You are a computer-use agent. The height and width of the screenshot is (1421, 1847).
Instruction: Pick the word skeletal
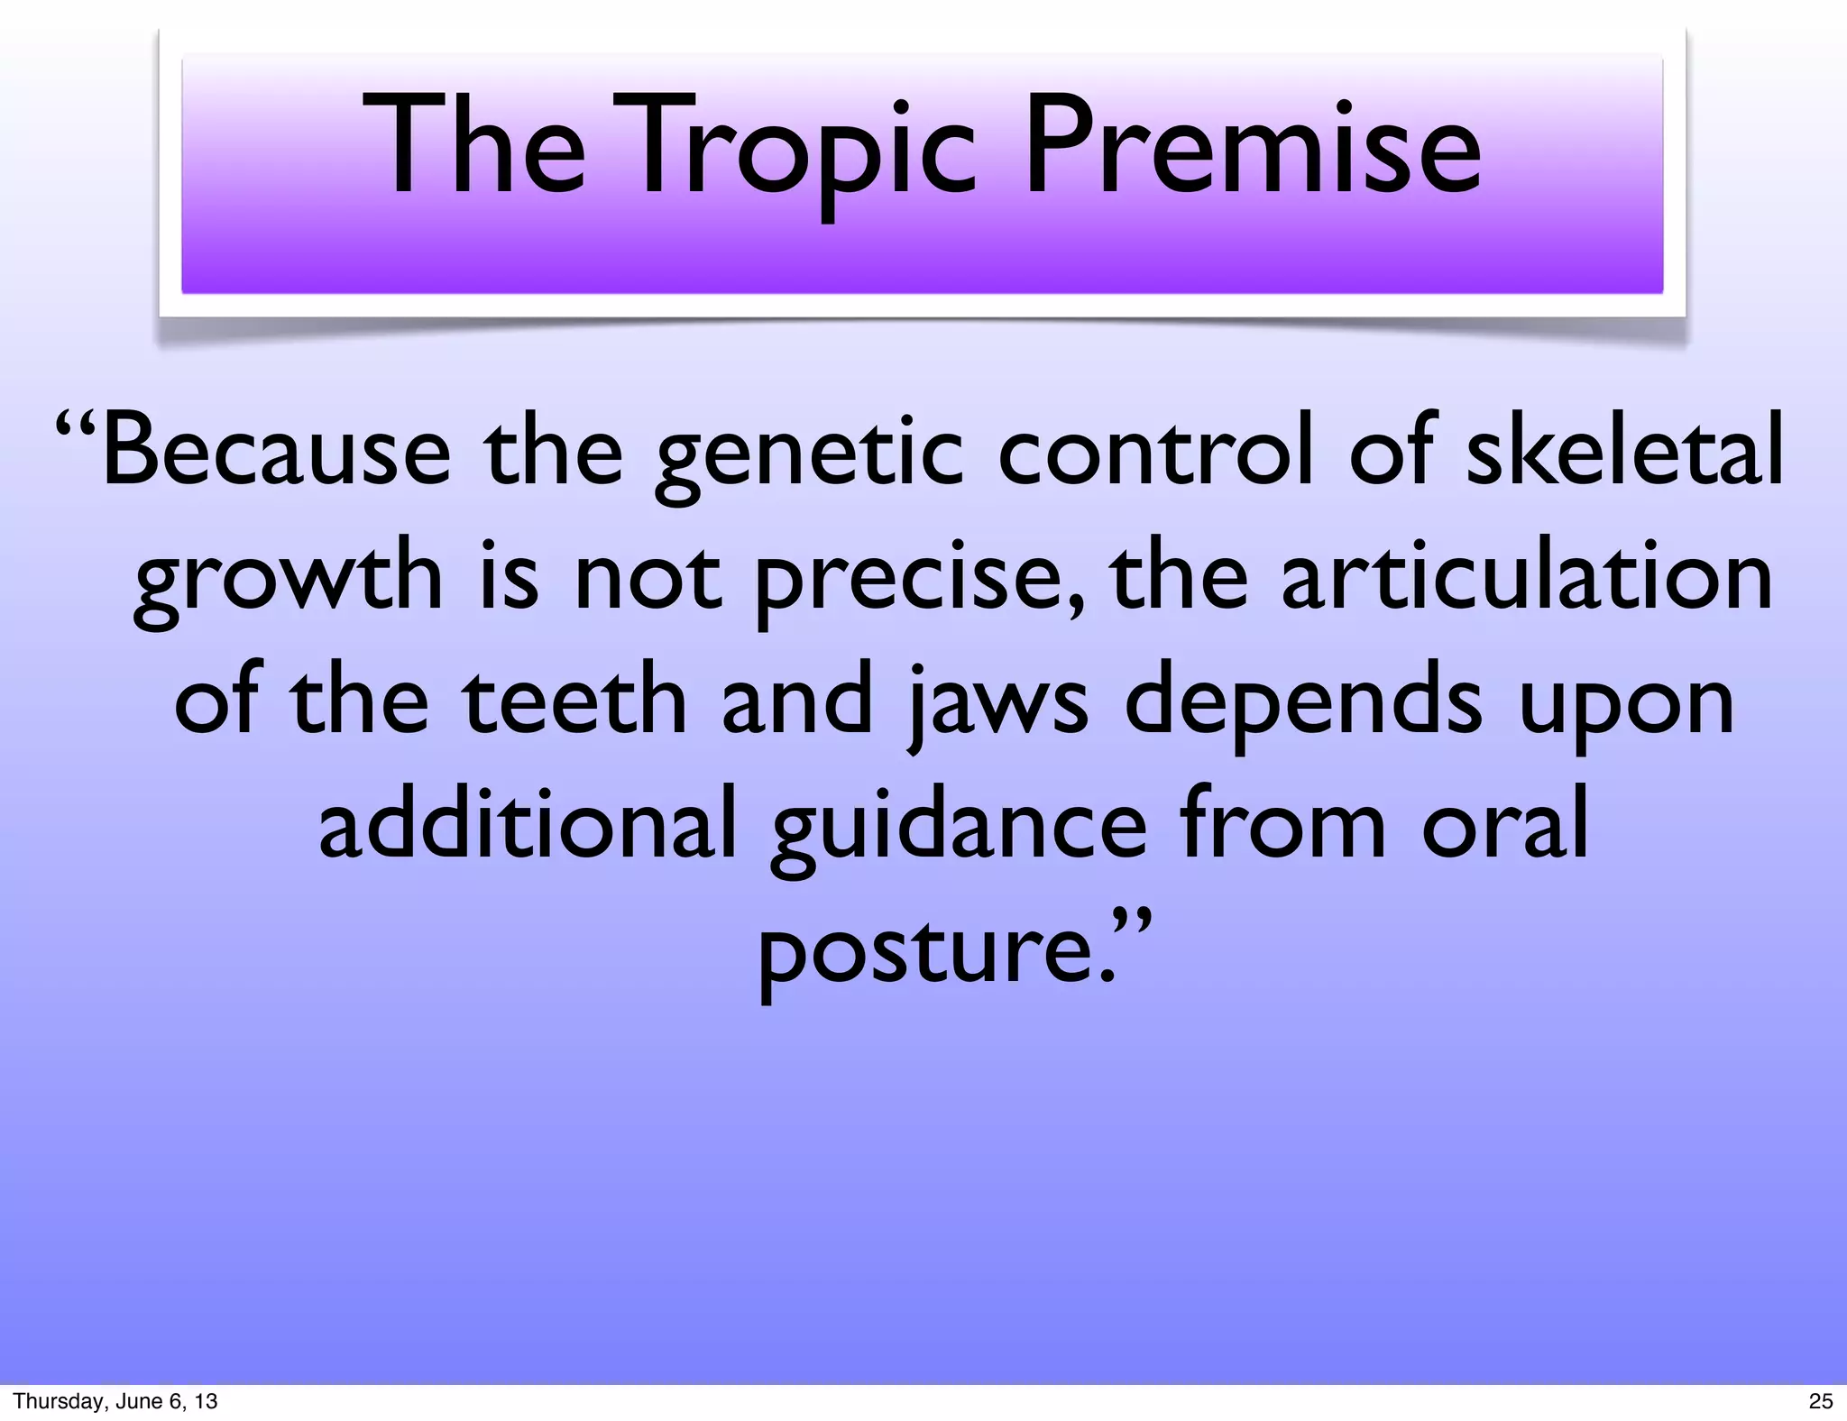tap(1623, 451)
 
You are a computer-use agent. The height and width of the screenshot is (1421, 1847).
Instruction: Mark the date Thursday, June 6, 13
tap(115, 1401)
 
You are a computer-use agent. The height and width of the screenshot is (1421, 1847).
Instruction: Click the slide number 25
tap(1821, 1401)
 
